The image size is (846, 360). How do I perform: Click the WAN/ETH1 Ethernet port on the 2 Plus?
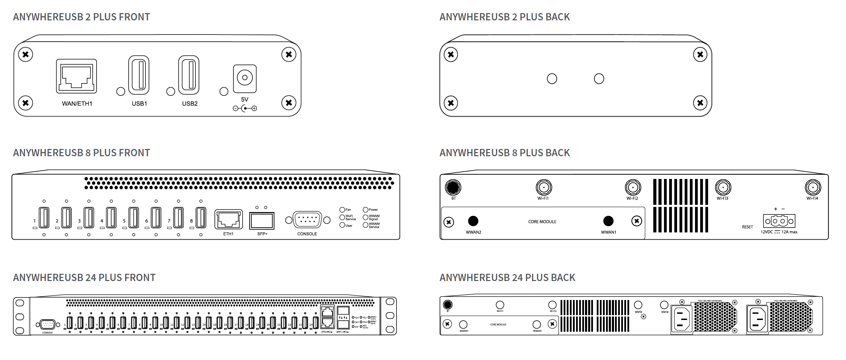(x=77, y=76)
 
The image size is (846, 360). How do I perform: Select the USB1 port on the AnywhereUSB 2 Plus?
(x=139, y=75)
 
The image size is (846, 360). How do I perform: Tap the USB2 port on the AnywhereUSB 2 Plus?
(x=189, y=75)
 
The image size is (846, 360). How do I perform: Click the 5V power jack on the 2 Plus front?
(x=245, y=78)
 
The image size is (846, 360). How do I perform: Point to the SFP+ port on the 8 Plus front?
(x=262, y=221)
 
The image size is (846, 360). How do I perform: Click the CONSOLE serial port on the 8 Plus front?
(x=307, y=220)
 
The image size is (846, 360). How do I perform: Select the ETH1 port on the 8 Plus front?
(x=229, y=220)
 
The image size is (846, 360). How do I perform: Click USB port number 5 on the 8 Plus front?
(x=133, y=218)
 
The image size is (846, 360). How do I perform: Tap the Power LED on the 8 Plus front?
(x=365, y=210)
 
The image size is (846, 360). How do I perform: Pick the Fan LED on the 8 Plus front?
(x=342, y=210)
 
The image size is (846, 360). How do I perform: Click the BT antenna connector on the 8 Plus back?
(x=453, y=187)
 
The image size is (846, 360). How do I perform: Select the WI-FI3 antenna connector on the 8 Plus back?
(x=723, y=188)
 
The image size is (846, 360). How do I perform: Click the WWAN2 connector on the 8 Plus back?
(x=473, y=221)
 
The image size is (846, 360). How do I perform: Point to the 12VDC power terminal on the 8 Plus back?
(x=779, y=221)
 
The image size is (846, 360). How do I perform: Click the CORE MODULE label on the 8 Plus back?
(x=542, y=222)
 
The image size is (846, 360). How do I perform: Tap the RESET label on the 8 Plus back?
(x=747, y=227)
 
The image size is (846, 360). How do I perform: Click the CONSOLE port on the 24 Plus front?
(x=48, y=324)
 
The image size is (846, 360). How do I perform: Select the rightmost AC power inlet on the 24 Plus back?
(x=757, y=319)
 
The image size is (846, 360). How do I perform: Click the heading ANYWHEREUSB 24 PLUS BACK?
(x=507, y=278)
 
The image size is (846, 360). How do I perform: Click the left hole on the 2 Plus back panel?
(x=552, y=79)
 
